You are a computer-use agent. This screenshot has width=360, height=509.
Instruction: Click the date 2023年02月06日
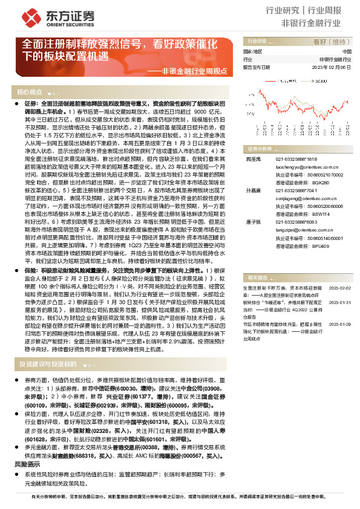click(x=332, y=68)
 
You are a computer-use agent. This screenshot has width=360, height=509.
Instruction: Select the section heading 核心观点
click(x=30, y=92)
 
